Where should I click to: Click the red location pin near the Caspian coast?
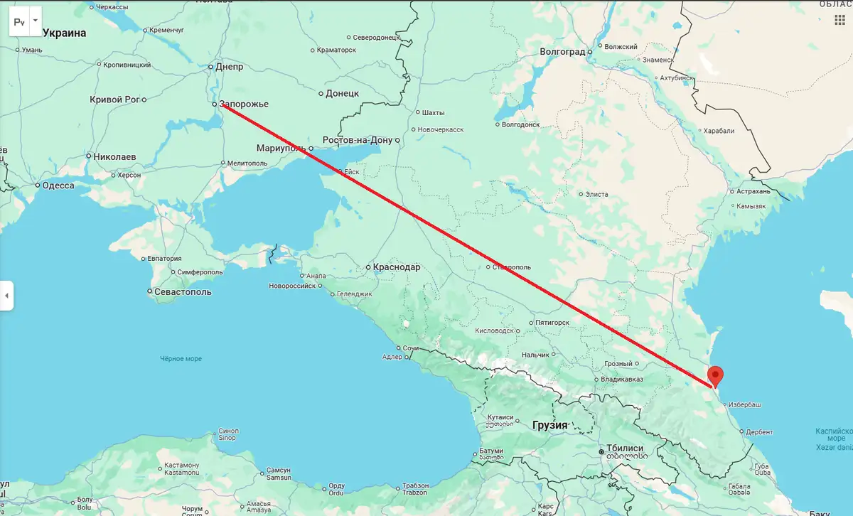(x=717, y=375)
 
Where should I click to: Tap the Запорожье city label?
(x=244, y=104)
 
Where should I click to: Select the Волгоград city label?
(x=562, y=52)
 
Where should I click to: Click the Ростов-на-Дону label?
(x=357, y=140)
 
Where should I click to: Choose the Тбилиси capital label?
(x=625, y=449)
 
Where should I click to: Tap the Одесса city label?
(x=58, y=186)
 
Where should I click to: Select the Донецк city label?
(x=342, y=93)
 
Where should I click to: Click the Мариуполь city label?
(x=281, y=149)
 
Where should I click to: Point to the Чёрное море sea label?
(x=181, y=359)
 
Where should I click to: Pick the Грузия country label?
(x=549, y=425)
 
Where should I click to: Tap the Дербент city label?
(x=759, y=431)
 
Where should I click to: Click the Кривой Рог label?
(x=115, y=100)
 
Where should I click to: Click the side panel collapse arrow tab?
(x=6, y=294)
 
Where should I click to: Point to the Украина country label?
(x=64, y=33)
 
